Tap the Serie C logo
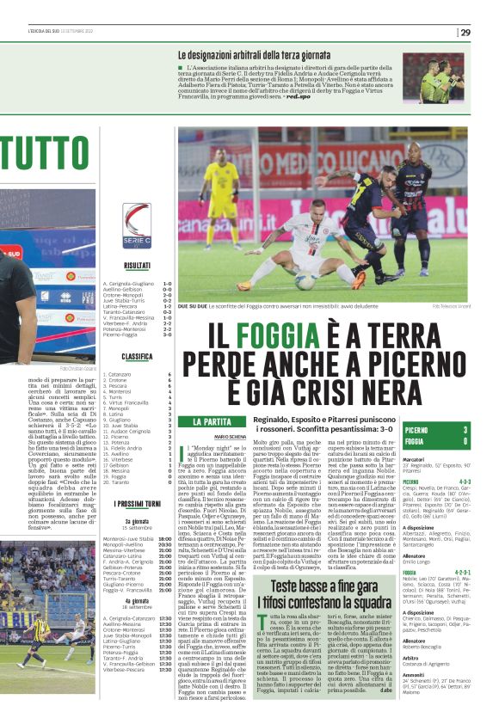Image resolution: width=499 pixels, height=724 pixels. pos(137,226)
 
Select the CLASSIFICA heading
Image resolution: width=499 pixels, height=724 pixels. pos(137,356)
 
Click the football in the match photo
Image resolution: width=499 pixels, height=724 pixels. pos(303,281)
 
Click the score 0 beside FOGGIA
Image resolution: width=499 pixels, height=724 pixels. pos(465,441)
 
